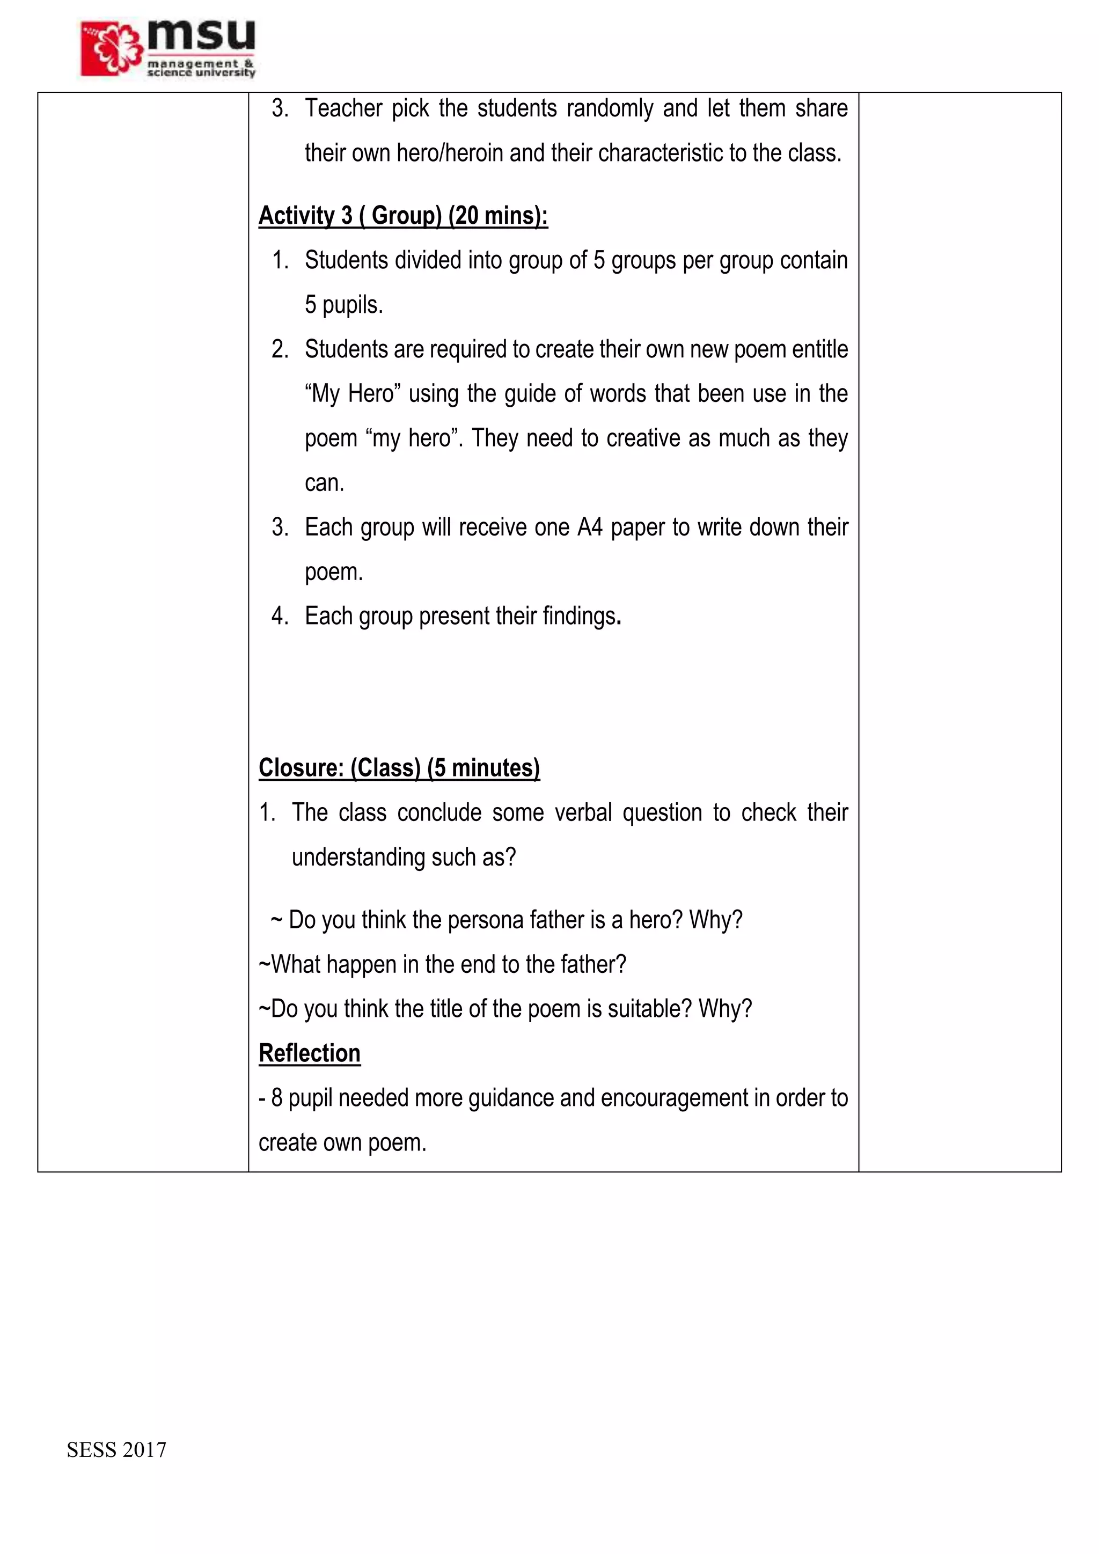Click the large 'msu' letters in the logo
point(201,35)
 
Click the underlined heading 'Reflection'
point(309,1053)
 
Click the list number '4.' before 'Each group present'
point(280,616)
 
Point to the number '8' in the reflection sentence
point(276,1098)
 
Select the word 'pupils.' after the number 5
point(353,305)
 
